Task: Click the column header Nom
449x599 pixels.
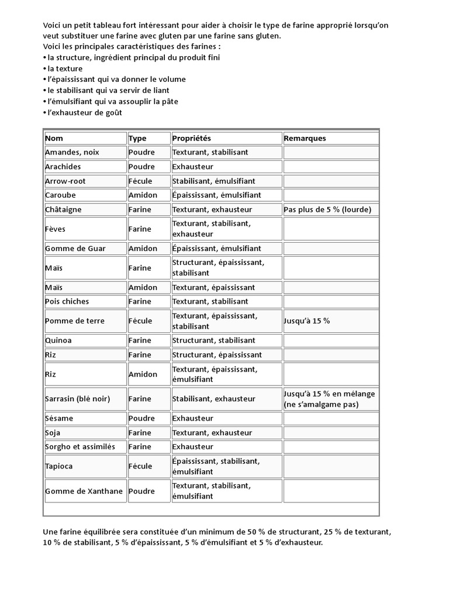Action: click(x=54, y=139)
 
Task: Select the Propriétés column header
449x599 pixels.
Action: click(x=191, y=139)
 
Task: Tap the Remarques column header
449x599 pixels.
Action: click(x=305, y=139)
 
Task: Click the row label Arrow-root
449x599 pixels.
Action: click(x=65, y=181)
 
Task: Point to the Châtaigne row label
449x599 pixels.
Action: click(x=63, y=209)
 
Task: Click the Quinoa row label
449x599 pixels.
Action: click(x=58, y=340)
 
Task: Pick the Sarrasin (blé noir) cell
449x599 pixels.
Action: click(x=77, y=399)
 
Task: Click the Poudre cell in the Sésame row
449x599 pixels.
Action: click(x=141, y=419)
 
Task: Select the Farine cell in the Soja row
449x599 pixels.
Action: click(x=140, y=433)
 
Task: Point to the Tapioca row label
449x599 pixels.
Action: click(x=59, y=466)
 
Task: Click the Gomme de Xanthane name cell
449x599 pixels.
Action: click(x=84, y=491)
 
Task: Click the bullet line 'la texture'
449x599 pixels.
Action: click(x=64, y=68)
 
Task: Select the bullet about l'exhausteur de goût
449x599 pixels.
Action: click(x=84, y=112)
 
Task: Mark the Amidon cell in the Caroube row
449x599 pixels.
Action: click(x=143, y=195)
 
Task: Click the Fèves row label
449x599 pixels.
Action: click(x=55, y=229)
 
